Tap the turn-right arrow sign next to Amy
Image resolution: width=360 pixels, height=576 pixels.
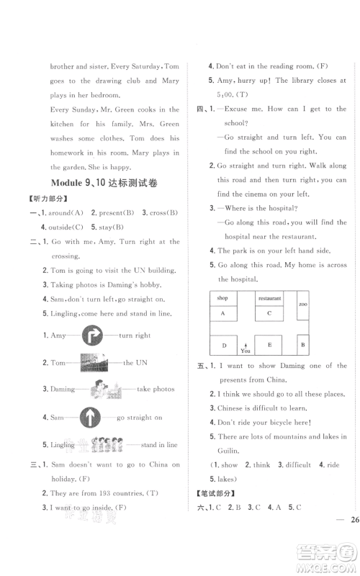[93, 336]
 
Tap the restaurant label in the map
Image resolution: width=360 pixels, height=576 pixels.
[269, 297]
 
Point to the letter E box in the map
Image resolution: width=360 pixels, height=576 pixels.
[269, 345]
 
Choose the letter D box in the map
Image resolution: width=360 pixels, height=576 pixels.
[223, 346]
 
